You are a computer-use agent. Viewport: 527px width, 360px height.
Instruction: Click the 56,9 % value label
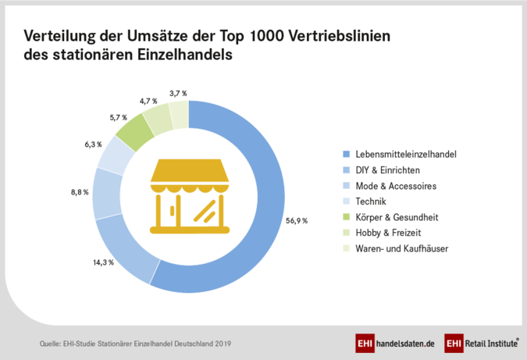[x=296, y=221]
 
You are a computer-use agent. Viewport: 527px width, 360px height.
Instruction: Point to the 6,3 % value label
[x=83, y=144]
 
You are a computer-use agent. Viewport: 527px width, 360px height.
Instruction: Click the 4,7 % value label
[x=148, y=102]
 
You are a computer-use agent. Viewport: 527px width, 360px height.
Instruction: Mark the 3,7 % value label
[x=179, y=93]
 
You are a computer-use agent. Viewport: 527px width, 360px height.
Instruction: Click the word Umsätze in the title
[x=152, y=36]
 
